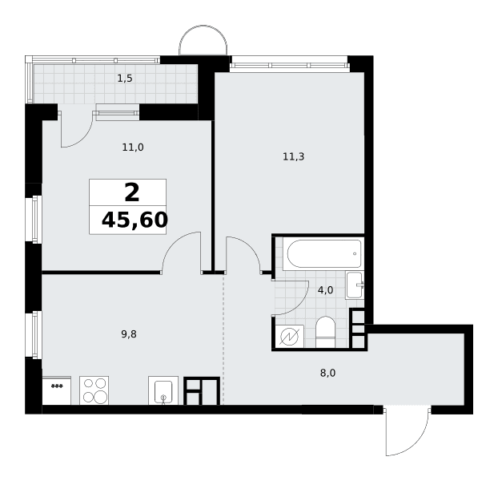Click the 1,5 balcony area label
click(x=125, y=79)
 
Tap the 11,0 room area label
click(x=133, y=148)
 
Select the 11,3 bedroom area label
click(x=294, y=156)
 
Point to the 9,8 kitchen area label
click(x=129, y=334)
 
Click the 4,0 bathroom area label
click(x=325, y=290)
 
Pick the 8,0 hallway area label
click(x=327, y=373)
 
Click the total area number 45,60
click(x=135, y=220)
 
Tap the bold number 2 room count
click(x=132, y=193)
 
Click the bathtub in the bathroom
click(x=323, y=253)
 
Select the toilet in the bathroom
click(x=326, y=332)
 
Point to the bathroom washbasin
click(x=355, y=285)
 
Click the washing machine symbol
click(x=289, y=337)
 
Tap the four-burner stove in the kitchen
click(x=94, y=390)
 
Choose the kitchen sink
click(x=163, y=390)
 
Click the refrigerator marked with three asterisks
click(x=57, y=390)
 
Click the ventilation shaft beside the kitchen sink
click(x=202, y=391)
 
